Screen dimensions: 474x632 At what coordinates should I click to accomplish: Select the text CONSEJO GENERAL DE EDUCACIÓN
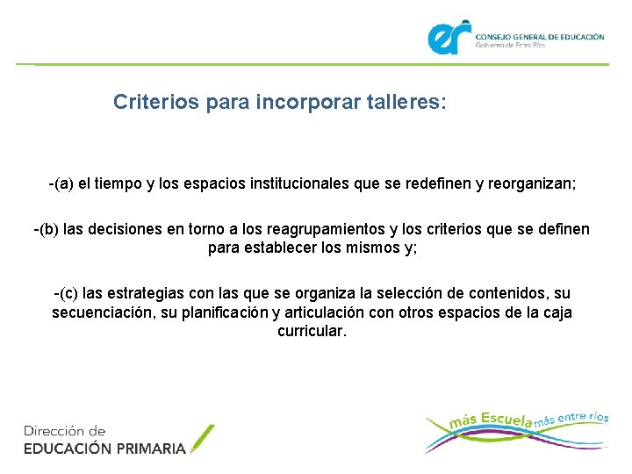(540, 37)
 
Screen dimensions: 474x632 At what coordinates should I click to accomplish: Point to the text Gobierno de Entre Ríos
(510, 45)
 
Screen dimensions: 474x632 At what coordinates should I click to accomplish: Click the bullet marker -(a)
(61, 185)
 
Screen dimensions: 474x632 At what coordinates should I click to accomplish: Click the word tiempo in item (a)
(122, 185)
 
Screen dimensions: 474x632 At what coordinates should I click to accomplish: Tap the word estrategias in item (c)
(158, 292)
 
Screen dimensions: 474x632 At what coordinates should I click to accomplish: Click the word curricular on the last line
(312, 332)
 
